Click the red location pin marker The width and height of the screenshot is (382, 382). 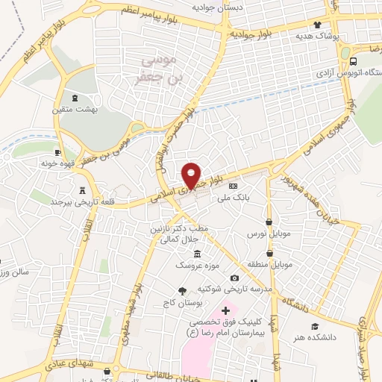click(x=192, y=175)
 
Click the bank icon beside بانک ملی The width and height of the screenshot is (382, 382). click(x=234, y=186)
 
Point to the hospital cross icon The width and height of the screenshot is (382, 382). click(x=226, y=308)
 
